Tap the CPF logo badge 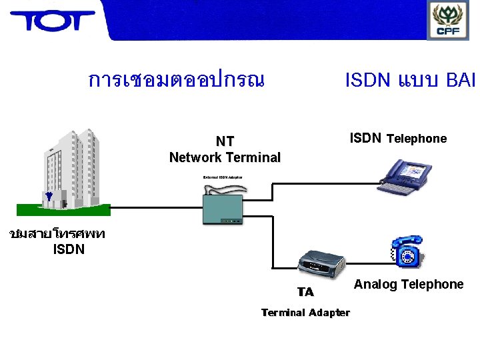click(x=448, y=20)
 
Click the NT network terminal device click(x=225, y=203)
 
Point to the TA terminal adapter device click(x=318, y=266)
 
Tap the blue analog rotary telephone click(x=406, y=251)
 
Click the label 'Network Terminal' click(x=225, y=158)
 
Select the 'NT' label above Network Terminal click(x=225, y=141)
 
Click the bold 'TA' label click(x=305, y=292)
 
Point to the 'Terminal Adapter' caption click(x=305, y=313)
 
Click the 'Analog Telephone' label click(x=408, y=285)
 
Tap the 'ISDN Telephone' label click(x=398, y=139)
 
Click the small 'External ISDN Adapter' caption click(x=223, y=177)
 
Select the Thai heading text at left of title click(x=176, y=81)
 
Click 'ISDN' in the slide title click(x=368, y=81)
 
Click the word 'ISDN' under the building click(x=69, y=251)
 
